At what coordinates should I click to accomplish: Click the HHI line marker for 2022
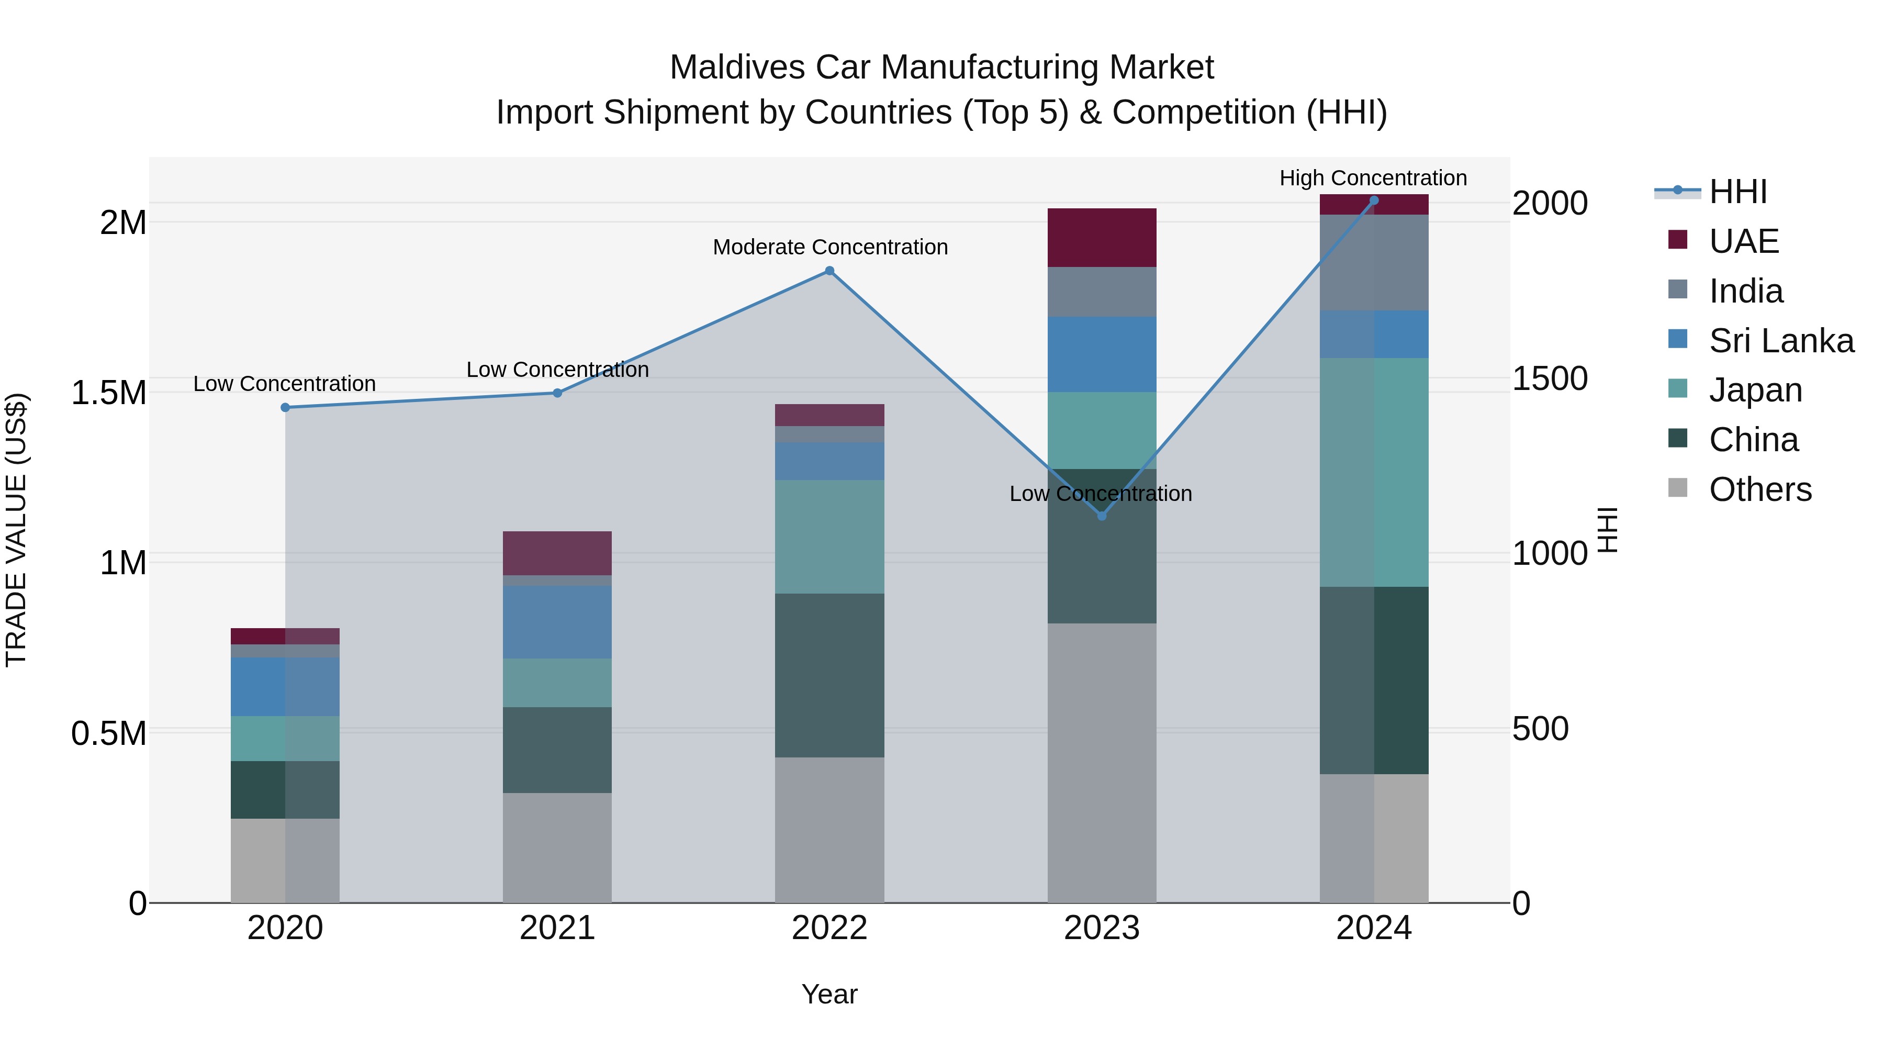pyautogui.click(x=829, y=271)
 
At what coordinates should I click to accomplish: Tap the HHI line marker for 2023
pyautogui.click(x=1102, y=516)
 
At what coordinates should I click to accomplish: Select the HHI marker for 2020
pyautogui.click(x=285, y=407)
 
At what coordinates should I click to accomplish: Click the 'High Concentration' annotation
pyautogui.click(x=1373, y=178)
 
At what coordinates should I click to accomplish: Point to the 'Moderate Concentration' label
pyautogui.click(x=830, y=247)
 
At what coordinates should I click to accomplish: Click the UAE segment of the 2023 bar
pyautogui.click(x=1102, y=238)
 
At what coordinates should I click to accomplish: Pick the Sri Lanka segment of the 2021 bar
pyautogui.click(x=557, y=622)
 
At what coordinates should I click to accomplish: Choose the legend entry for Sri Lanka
pyautogui.click(x=1781, y=341)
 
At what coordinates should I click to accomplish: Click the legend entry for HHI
pyautogui.click(x=1737, y=192)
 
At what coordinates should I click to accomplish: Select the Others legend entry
pyautogui.click(x=1759, y=489)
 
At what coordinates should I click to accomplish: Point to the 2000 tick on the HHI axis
pyautogui.click(x=1549, y=204)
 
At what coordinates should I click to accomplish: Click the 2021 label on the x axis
pyautogui.click(x=557, y=928)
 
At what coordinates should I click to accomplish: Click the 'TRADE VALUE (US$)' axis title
pyautogui.click(x=16, y=530)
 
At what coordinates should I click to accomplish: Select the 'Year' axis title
pyautogui.click(x=829, y=994)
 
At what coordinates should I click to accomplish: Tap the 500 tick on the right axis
pyautogui.click(x=1540, y=729)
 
